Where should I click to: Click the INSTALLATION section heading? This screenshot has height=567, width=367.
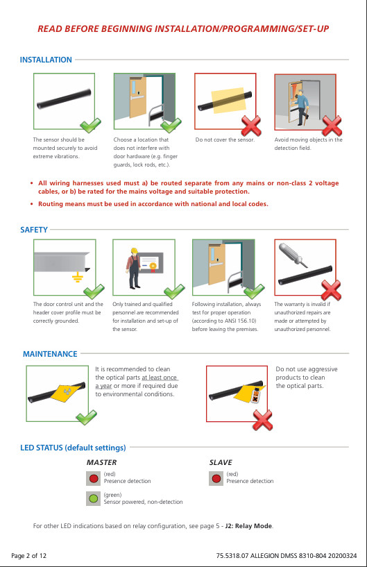pyautogui.click(x=46, y=60)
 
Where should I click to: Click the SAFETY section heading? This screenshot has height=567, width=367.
pyautogui.click(x=34, y=229)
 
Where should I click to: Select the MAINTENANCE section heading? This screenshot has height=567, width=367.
pyautogui.click(x=50, y=354)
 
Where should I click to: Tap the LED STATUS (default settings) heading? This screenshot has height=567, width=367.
pyautogui.click(x=73, y=448)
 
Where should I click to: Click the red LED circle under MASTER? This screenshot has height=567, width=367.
pyautogui.click(x=94, y=477)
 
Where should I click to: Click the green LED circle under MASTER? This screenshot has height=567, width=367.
pyautogui.click(x=94, y=498)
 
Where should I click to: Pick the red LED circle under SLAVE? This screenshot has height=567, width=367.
pyautogui.click(x=216, y=477)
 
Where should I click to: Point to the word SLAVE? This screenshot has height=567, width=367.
pyautogui.click(x=221, y=462)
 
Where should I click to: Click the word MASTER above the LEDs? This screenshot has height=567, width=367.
pyautogui.click(x=101, y=462)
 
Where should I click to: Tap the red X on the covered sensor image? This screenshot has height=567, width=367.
pyautogui.click(x=251, y=125)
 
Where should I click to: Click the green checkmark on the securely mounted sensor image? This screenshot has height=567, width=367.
pyautogui.click(x=89, y=126)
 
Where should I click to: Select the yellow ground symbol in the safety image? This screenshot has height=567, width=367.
pyautogui.click(x=77, y=278)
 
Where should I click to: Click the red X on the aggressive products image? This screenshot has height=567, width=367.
pyautogui.click(x=262, y=418)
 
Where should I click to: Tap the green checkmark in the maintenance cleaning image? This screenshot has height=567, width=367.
pyautogui.click(x=86, y=418)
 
